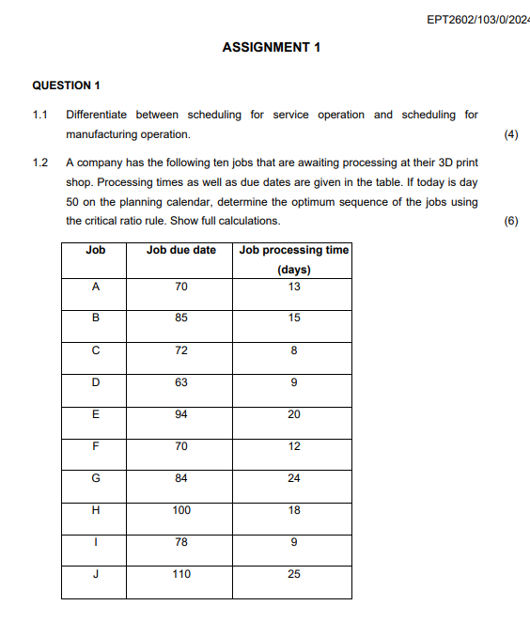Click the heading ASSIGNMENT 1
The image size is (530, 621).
tap(272, 46)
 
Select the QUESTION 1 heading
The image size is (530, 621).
tap(66, 85)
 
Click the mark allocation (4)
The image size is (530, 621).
tap(511, 134)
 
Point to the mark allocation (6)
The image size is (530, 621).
tap(511, 221)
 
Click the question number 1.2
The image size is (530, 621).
tap(39, 163)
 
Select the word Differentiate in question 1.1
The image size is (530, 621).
tap(100, 115)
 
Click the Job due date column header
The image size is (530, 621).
tap(181, 250)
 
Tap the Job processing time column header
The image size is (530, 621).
tap(294, 250)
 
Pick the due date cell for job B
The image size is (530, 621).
tap(181, 318)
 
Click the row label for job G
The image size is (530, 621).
tap(95, 478)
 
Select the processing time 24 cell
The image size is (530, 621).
tap(294, 478)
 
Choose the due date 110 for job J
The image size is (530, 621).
tap(181, 574)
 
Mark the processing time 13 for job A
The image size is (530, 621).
tap(294, 287)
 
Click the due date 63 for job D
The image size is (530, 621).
tap(181, 382)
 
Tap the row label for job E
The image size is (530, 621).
tap(95, 414)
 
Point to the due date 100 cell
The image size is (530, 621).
tap(181, 510)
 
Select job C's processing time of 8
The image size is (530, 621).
tap(294, 350)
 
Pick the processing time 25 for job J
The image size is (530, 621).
tap(294, 574)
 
